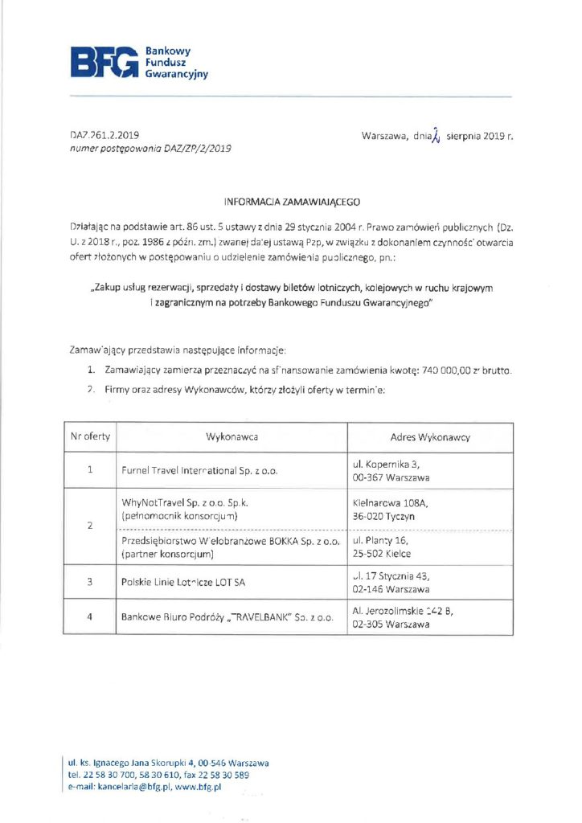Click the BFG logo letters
(105, 63)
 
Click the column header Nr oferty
(90, 437)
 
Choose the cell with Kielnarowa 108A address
(384, 510)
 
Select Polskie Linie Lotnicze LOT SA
(183, 582)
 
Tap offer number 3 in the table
(90, 582)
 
